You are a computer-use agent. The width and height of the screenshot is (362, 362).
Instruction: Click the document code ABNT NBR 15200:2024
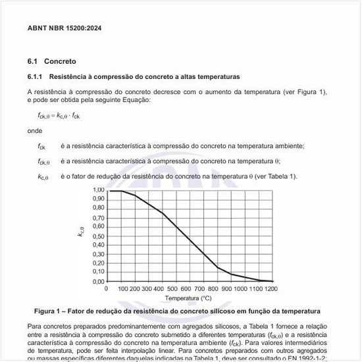[64, 28]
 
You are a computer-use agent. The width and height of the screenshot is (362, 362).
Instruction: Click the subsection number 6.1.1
[35, 77]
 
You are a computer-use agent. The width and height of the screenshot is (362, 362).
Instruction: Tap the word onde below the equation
[34, 130]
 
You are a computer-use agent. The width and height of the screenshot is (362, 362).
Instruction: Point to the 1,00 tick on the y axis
[98, 190]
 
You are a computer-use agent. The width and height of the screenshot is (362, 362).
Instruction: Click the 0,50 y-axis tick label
[98, 236]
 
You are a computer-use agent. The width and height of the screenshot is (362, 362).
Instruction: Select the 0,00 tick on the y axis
[98, 281]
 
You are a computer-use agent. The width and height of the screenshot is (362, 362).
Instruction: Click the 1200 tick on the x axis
[271, 288]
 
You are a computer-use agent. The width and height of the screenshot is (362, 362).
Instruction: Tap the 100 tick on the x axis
[122, 288]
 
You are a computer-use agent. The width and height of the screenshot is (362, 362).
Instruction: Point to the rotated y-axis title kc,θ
[81, 232]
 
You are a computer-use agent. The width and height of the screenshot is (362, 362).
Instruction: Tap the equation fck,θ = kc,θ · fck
[59, 116]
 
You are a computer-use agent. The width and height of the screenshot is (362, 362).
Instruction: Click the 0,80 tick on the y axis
[98, 208]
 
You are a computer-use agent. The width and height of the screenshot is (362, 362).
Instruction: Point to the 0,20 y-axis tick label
[98, 263]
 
